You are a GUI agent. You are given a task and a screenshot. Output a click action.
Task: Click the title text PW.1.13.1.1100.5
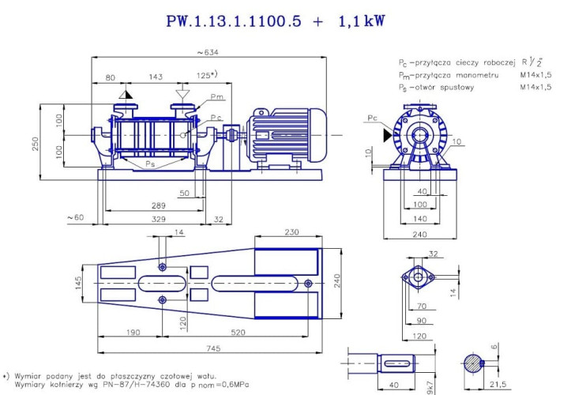coord(233,21)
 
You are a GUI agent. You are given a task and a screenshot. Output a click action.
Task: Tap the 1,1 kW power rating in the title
coord(359,21)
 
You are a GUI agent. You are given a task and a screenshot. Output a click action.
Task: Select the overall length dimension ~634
coord(208,52)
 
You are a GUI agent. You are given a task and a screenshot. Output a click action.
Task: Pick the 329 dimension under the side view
coord(160,218)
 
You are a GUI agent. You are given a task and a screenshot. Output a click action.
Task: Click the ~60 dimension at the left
coord(75,217)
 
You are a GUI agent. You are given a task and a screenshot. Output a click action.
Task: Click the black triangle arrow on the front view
coord(385,136)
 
